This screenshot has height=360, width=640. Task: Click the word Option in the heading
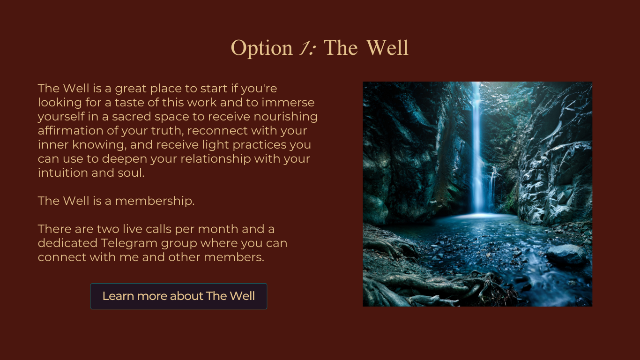pos(261,48)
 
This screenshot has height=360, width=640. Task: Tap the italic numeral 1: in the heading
pos(307,47)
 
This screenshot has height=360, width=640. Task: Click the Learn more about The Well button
pos(179,296)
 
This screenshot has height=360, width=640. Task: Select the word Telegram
pos(129,243)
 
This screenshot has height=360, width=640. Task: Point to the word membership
pos(155,201)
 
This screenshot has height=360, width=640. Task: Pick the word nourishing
pos(285,117)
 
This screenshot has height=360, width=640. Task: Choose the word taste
pos(130,103)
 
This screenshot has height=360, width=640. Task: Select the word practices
pos(259,145)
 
